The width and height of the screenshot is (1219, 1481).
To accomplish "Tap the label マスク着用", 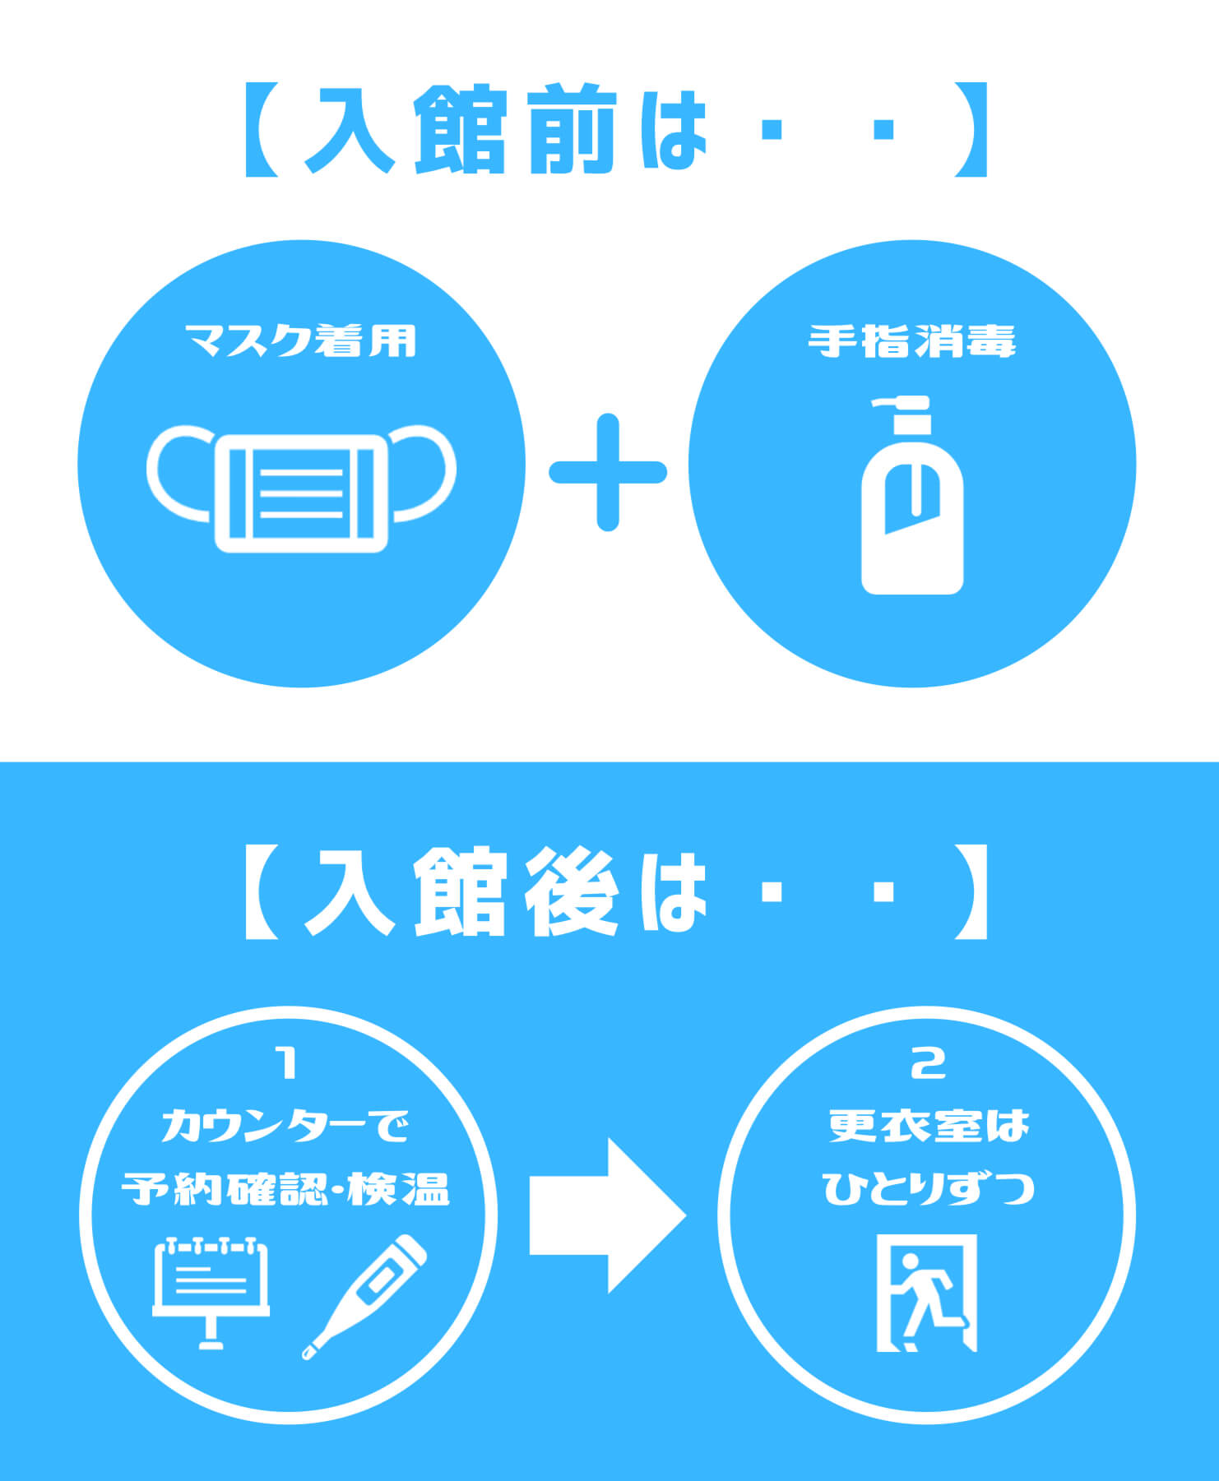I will (x=301, y=340).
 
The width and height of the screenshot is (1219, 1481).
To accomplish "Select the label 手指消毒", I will (x=911, y=340).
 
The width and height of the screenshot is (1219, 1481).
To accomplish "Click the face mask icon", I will (x=301, y=490).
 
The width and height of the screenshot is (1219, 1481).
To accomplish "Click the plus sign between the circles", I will (x=608, y=472).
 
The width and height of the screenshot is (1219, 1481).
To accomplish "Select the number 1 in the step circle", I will (x=287, y=1063).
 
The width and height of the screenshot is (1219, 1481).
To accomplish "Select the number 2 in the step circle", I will (x=929, y=1063).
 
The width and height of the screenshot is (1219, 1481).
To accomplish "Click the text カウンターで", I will (x=285, y=1126).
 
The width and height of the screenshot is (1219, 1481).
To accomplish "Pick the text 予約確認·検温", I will (x=285, y=1189).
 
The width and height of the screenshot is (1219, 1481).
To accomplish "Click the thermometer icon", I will (x=364, y=1296).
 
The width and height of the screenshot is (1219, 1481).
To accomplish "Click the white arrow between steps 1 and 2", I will (x=606, y=1215).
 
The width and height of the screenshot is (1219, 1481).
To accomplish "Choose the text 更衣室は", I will (x=929, y=1126).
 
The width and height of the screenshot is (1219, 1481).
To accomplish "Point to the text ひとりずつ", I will (x=929, y=1189).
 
